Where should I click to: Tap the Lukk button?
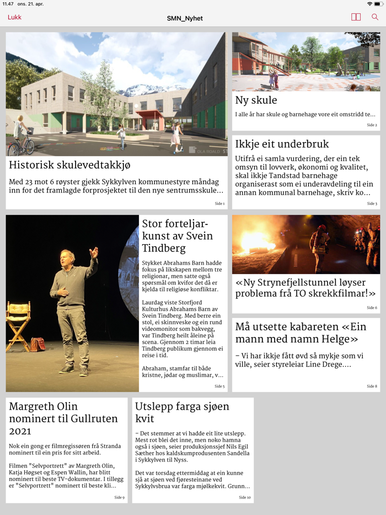point(15,17)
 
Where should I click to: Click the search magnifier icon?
point(375,17)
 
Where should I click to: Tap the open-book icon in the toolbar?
point(356,17)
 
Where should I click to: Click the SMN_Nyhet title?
point(185,18)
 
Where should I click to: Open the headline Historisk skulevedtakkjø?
point(69,165)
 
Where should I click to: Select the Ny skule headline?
point(256,100)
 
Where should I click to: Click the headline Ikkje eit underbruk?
point(282,144)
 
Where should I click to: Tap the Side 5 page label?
point(219,387)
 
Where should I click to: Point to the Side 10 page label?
point(245,497)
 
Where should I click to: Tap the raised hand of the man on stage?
point(95,252)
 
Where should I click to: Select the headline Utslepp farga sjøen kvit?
point(182,412)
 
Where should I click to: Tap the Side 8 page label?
point(372,387)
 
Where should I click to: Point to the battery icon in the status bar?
point(378,4)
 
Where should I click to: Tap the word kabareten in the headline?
point(303,326)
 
